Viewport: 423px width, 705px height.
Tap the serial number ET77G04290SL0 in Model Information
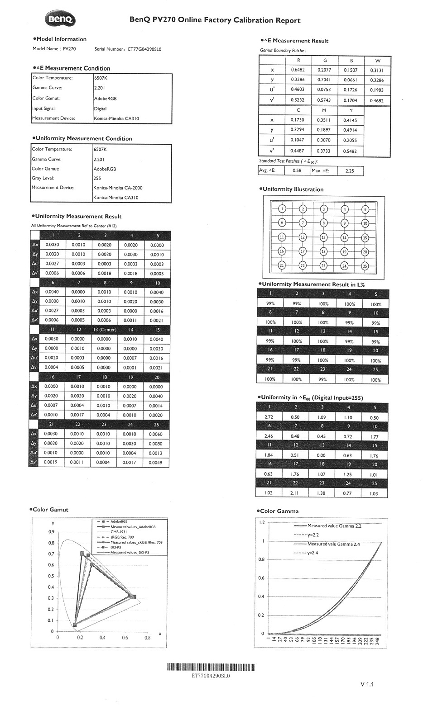pos(144,49)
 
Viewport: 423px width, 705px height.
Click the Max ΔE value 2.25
pos(350,171)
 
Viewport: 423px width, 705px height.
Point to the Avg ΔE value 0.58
pos(297,171)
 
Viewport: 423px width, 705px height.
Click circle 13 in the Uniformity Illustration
pos(323,237)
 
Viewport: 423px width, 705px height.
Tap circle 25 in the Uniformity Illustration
pos(365,265)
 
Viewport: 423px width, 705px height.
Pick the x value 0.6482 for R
pos(298,70)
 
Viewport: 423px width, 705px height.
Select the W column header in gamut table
pos(378,61)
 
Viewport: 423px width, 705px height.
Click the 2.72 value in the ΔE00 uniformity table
pos(269,417)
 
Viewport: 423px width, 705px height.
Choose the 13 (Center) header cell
pos(105,330)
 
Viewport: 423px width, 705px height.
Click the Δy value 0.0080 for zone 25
pos(156,444)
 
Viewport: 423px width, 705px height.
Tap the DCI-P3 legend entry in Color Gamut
pos(115,547)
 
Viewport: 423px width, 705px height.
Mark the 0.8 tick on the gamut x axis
pos(147,638)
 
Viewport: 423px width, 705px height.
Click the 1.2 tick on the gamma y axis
pos(261,522)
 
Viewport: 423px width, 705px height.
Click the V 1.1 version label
pos(367,684)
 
